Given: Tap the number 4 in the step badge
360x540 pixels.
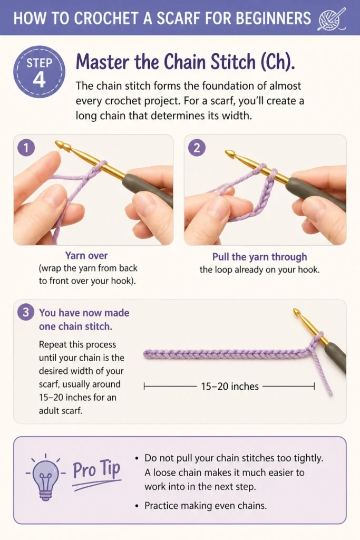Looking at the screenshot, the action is [39, 80].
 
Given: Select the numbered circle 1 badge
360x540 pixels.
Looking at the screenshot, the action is [26, 148].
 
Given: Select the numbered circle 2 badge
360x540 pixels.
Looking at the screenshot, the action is [197, 148].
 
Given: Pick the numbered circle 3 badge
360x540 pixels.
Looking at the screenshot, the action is [26, 312].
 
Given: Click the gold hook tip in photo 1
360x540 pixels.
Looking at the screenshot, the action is [59, 143].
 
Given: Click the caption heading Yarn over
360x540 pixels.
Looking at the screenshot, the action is [86, 256].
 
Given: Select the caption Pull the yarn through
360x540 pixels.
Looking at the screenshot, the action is [259, 257].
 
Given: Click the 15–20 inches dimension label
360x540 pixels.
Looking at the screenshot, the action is [230, 387].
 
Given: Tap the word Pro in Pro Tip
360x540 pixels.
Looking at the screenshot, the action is [84, 470].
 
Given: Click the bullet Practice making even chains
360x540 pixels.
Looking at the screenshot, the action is [206, 506].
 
